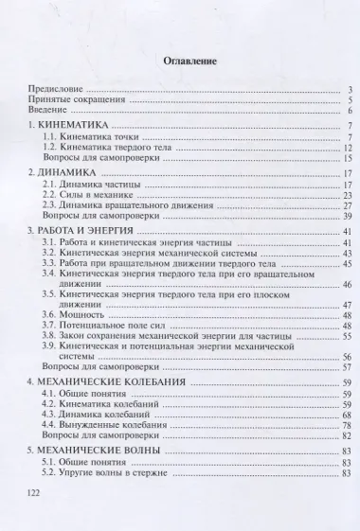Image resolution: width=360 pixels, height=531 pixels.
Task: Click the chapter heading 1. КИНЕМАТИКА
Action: (72, 127)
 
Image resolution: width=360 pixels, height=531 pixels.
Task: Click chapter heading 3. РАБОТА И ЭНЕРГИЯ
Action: (86, 233)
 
